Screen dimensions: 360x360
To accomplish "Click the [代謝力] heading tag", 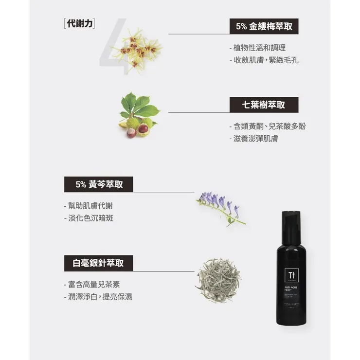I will click(x=79, y=23).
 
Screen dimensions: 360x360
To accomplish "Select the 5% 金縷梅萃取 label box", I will click(x=264, y=27).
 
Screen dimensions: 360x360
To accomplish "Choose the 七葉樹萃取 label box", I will click(x=264, y=105).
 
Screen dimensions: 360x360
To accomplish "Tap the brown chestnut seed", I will click(x=143, y=128).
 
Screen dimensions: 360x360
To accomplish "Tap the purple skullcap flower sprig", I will click(x=220, y=206).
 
